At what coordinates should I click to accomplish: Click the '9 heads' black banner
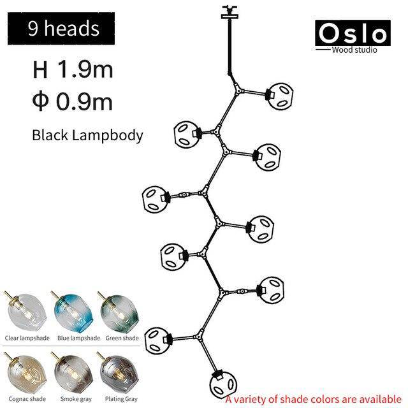[x=61, y=28]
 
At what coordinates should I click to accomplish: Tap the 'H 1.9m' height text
[x=73, y=69]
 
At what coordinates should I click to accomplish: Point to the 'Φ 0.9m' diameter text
[x=72, y=102]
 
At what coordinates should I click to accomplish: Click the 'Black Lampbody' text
[x=87, y=136]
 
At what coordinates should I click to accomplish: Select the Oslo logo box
[x=353, y=33]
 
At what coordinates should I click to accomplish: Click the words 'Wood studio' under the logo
[x=354, y=50]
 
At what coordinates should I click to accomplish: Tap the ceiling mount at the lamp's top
[x=229, y=13]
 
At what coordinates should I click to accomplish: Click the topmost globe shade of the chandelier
[x=280, y=95]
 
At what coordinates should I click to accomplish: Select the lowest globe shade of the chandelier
[x=222, y=384]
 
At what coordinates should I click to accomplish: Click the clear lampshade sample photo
[x=25, y=312]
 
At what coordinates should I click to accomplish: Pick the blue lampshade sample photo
[x=73, y=312]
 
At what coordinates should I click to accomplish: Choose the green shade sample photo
[x=119, y=312]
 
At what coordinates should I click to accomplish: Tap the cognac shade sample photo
[x=25, y=373]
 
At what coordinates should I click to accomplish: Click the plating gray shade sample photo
[x=119, y=373]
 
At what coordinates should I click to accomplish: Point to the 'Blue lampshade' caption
[x=78, y=338]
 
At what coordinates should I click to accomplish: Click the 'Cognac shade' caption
[x=27, y=399]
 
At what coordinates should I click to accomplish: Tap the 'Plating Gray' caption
[x=121, y=399]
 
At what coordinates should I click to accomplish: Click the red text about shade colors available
[x=314, y=400]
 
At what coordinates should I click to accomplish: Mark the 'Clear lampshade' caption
[x=27, y=338]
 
